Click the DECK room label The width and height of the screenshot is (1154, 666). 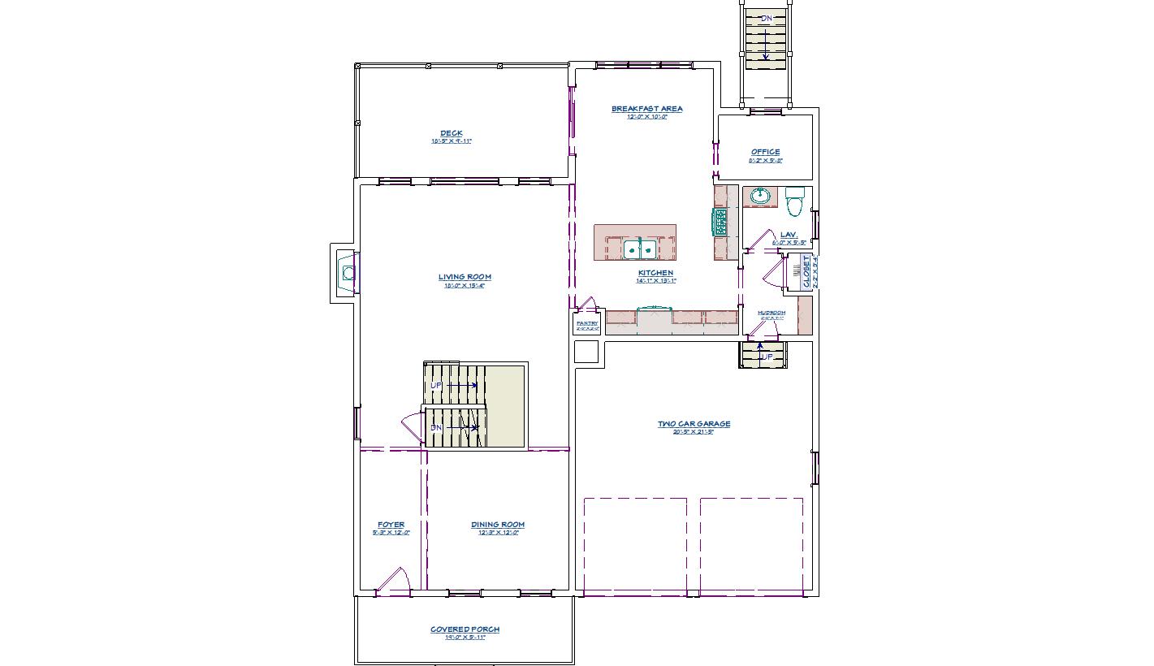452,134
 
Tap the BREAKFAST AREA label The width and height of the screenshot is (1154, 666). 646,109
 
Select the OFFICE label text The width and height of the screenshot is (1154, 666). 765,152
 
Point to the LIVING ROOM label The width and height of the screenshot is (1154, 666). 465,277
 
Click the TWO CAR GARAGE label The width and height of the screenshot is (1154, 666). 694,424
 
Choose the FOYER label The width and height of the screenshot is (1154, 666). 391,525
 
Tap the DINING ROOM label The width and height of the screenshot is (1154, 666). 498,525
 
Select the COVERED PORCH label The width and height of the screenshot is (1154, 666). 465,629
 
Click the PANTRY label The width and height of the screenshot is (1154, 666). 586,323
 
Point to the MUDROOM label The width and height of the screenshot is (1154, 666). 771,313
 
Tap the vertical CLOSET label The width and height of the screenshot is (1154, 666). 806,271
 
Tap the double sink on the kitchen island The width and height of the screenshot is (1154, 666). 639,249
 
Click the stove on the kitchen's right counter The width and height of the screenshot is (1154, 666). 720,222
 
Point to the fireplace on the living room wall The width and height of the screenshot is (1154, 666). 348,273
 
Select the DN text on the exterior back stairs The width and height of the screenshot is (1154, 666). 766,18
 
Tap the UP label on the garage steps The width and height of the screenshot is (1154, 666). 766,357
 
